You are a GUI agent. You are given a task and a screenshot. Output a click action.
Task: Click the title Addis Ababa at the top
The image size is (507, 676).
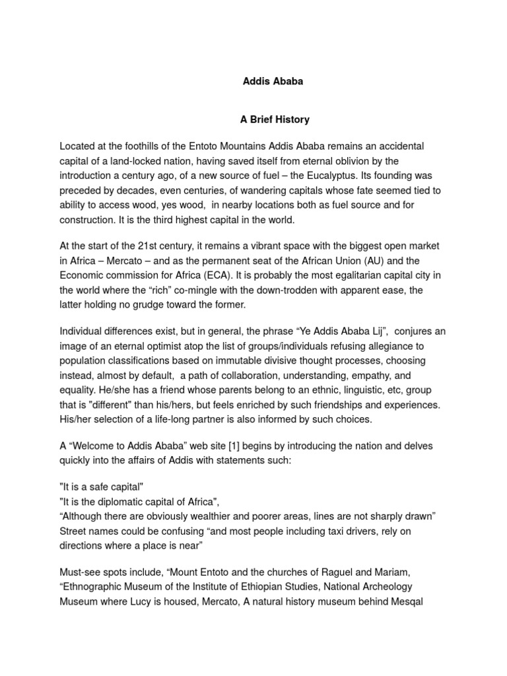point(273,82)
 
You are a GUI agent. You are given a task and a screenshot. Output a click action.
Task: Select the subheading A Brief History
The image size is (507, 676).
point(273,120)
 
